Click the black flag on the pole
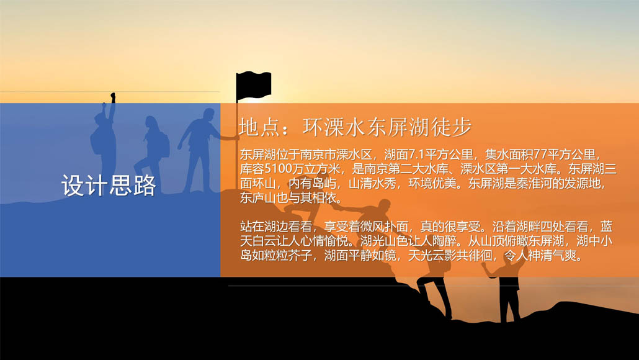[254, 85]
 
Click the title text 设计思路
[109, 186]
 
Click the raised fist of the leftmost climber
[113, 97]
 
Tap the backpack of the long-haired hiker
[164, 145]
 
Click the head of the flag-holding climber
[208, 115]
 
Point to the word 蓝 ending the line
[606, 227]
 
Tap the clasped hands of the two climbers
[335, 207]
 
